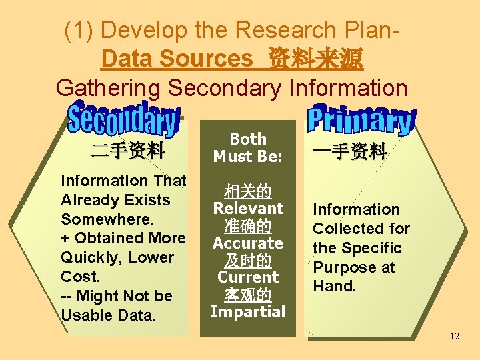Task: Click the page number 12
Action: coord(454,336)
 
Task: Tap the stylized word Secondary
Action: coord(124,121)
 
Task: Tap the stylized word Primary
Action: coord(361,120)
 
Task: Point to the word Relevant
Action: coord(248,209)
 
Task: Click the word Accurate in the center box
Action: coord(248,243)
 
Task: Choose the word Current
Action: coord(248,277)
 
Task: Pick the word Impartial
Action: coord(248,311)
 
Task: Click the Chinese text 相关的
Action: coord(248,192)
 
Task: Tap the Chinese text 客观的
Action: coord(248,295)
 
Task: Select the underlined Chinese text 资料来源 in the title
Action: coord(315,59)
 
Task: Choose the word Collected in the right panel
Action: coord(344,229)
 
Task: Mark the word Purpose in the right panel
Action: coord(340,267)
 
